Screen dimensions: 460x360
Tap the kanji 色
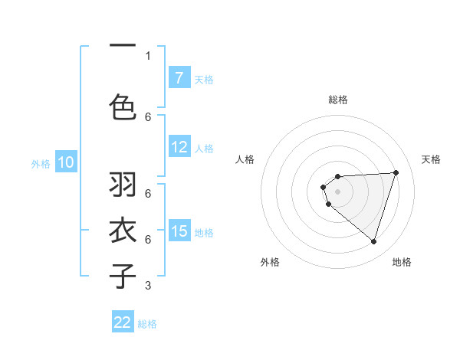pyautogui.click(x=123, y=107)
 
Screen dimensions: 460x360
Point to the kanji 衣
pyautogui.click(x=123, y=231)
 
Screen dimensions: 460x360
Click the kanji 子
pyautogui.click(x=123, y=276)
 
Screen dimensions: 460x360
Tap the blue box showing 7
pyautogui.click(x=179, y=78)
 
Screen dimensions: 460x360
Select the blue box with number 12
pyautogui.click(x=179, y=148)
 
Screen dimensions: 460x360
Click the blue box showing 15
pyautogui.click(x=179, y=231)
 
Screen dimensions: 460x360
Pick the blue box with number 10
pyautogui.click(x=65, y=162)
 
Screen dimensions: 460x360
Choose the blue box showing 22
pyautogui.click(x=123, y=322)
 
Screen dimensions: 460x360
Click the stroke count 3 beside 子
pyautogui.click(x=148, y=286)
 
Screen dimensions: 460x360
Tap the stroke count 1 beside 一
pyautogui.click(x=148, y=55)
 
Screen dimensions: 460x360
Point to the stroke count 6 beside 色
pyautogui.click(x=148, y=116)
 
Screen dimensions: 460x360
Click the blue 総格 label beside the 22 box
pyautogui.click(x=147, y=323)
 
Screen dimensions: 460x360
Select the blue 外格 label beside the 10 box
pyautogui.click(x=40, y=163)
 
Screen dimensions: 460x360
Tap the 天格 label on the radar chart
pyautogui.click(x=432, y=159)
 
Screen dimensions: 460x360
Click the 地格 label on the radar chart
pyautogui.click(x=402, y=262)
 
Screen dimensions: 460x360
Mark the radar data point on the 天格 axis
pyautogui.click(x=396, y=172)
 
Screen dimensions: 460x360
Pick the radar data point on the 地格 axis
pyautogui.click(x=373, y=241)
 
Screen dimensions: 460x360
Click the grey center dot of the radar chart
pyautogui.click(x=337, y=191)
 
